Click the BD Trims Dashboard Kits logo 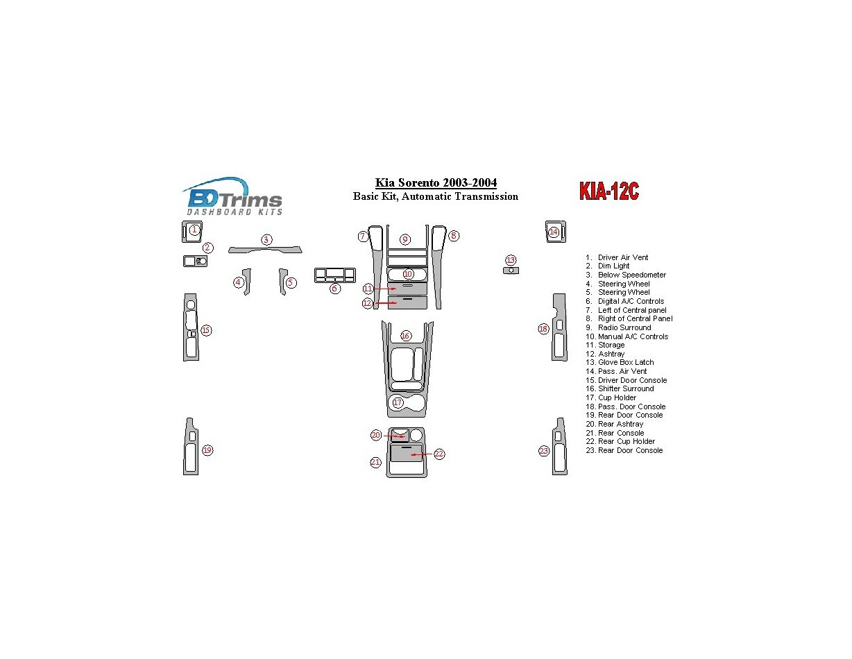[x=232, y=197]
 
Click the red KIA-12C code [x=608, y=192]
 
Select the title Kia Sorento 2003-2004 [x=436, y=183]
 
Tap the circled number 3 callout [x=266, y=239]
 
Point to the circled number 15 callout [x=206, y=330]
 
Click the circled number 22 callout [x=439, y=454]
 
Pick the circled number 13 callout [x=511, y=260]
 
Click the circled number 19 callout [x=207, y=451]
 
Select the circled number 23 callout [x=544, y=452]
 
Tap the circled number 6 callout [x=335, y=289]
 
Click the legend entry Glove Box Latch [x=625, y=363]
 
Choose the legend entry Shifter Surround [x=625, y=389]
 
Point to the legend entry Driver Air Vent [x=622, y=258]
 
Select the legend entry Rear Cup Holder [x=626, y=442]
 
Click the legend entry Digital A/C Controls [x=630, y=302]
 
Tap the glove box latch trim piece [x=511, y=271]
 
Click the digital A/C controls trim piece [x=334, y=275]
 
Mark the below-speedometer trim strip [x=266, y=250]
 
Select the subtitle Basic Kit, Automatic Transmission [x=436, y=197]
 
